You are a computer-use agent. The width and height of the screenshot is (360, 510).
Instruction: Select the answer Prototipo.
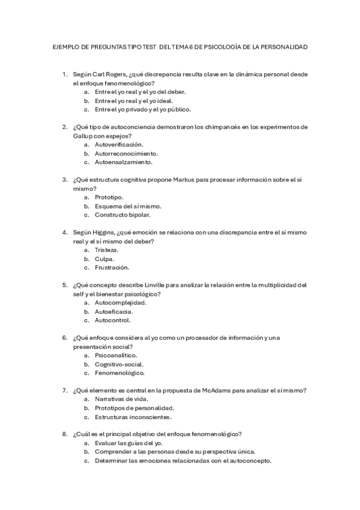click(x=109, y=197)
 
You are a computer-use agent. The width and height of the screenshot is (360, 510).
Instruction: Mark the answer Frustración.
click(x=112, y=268)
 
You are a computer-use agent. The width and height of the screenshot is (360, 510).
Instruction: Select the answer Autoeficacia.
click(x=114, y=312)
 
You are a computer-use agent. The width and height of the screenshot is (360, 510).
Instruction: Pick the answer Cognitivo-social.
click(x=118, y=364)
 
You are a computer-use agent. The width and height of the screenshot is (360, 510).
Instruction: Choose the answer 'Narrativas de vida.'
click(x=121, y=399)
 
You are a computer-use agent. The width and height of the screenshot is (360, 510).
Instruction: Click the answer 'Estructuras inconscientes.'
click(x=133, y=416)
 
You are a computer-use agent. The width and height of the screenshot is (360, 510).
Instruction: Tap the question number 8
click(x=64, y=434)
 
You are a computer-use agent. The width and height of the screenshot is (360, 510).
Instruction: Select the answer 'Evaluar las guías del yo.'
click(x=129, y=443)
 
